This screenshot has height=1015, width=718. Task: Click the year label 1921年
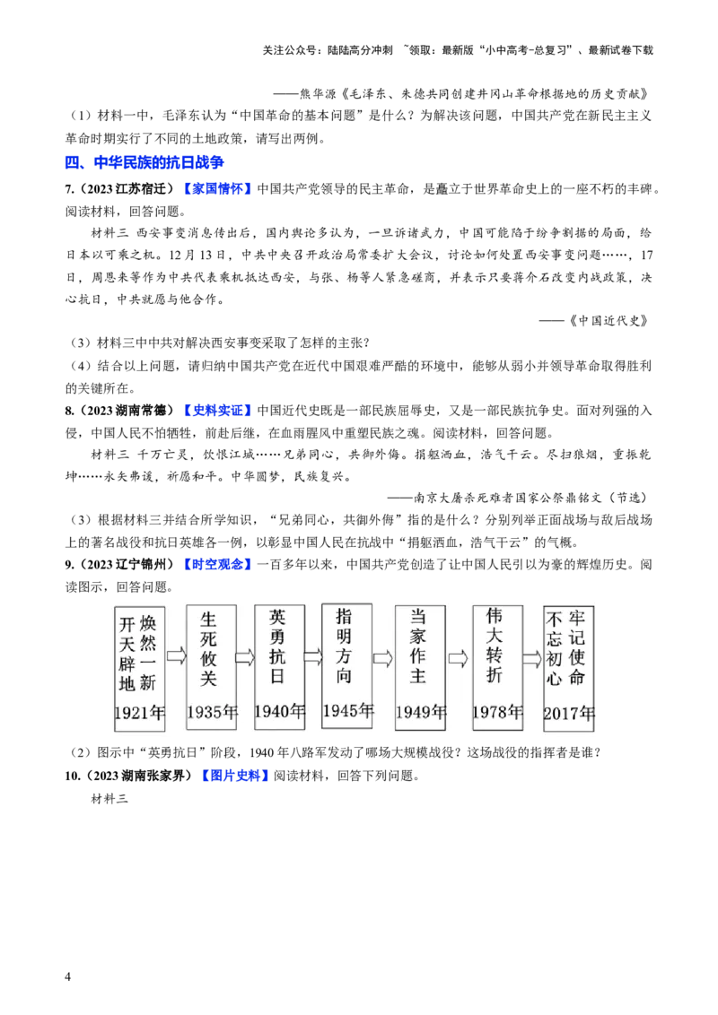[140, 713]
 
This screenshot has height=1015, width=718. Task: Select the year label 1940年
[279, 712]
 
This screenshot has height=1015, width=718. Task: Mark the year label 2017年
[569, 714]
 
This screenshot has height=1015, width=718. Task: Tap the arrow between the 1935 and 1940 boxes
[245, 657]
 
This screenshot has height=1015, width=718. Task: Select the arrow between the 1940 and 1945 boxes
[313, 657]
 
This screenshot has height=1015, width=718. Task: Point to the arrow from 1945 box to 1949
[383, 659]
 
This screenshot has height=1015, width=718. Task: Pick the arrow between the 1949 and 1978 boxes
[459, 659]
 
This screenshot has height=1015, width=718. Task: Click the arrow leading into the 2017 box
[532, 659]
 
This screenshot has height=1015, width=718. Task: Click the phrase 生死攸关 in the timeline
[208, 649]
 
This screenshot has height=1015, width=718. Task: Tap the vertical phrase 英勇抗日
[277, 646]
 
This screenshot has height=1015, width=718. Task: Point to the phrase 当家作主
[417, 646]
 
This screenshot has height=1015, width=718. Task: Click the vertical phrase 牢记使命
[577, 647]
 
